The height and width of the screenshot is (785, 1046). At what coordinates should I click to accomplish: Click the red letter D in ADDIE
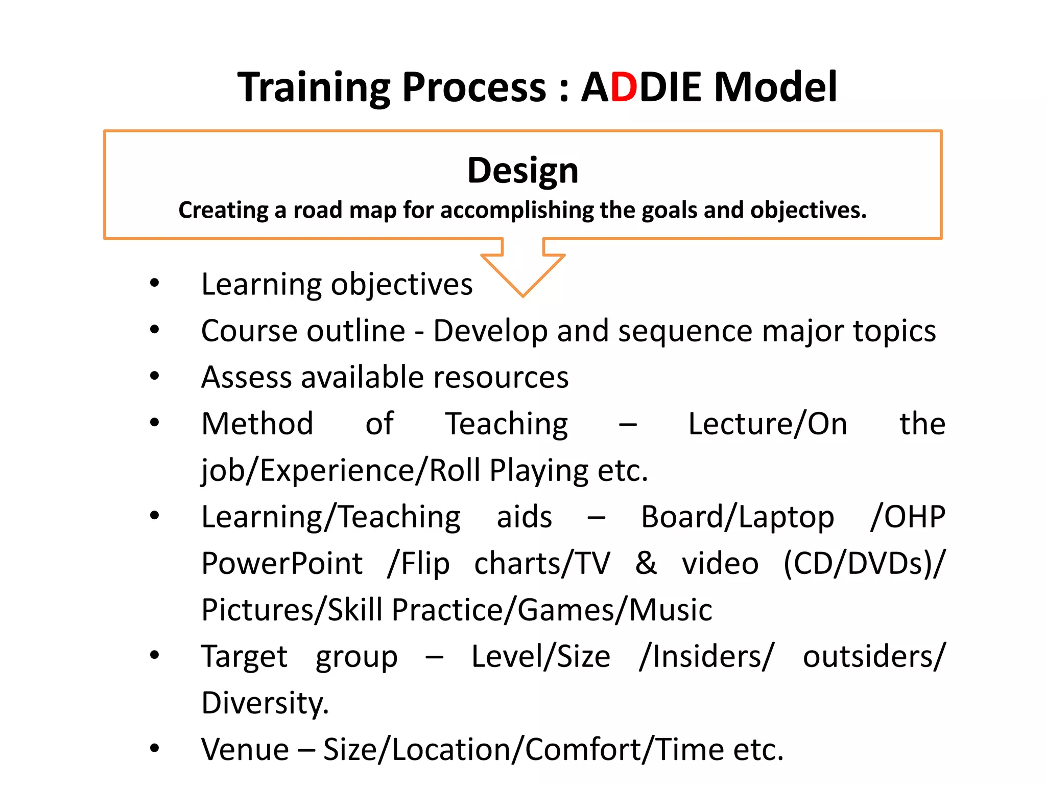tap(624, 87)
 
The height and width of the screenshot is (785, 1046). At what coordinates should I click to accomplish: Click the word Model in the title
tap(775, 87)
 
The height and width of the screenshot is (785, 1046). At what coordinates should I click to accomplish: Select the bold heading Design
tap(522, 170)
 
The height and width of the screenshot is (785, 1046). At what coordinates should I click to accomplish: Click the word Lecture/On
tap(767, 424)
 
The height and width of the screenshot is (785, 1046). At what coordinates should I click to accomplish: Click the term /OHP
tap(908, 517)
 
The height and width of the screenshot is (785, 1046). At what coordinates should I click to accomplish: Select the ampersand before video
tap(646, 563)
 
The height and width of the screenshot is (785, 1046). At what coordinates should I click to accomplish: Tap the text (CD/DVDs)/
tap(864, 563)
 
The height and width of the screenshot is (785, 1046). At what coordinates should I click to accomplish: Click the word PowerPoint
tap(282, 563)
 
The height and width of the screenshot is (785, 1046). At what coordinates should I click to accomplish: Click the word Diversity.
tap(265, 703)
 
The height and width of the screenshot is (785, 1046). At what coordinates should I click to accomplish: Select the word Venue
tap(245, 749)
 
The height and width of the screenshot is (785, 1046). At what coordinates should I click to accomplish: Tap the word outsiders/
tap(874, 656)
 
